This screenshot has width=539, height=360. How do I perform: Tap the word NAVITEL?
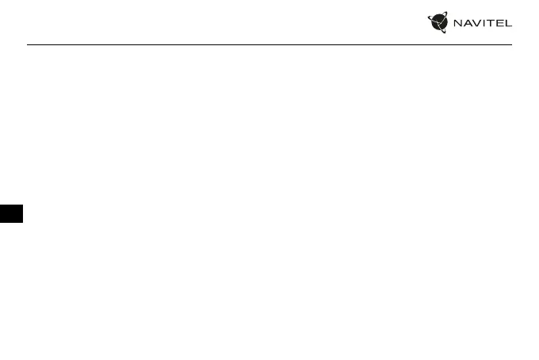point(482,23)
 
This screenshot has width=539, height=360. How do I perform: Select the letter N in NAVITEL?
point(457,23)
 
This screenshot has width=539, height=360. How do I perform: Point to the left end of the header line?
point(28,44)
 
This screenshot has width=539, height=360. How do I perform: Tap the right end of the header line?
point(512,44)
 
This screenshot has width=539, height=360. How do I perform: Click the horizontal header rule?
point(269,44)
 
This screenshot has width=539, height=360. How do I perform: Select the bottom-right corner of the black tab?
point(23,222)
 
